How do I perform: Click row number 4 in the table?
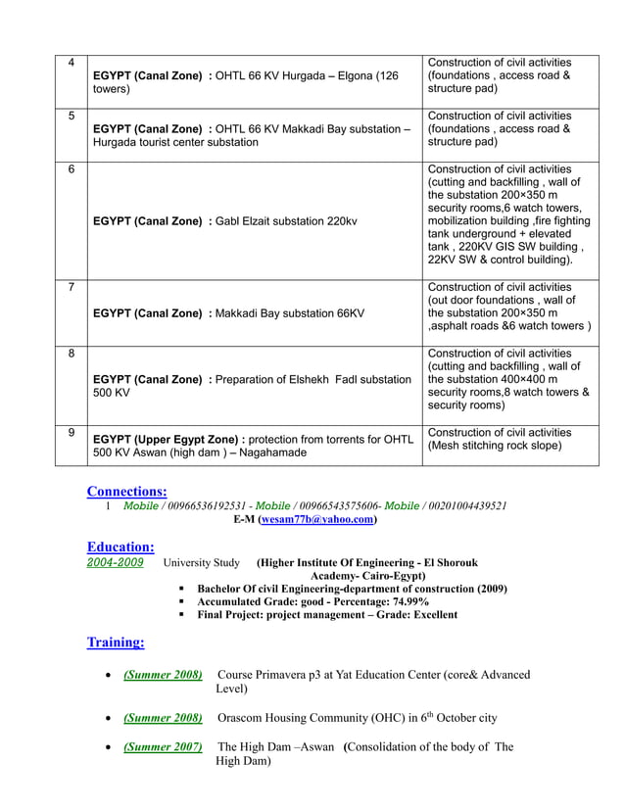click(x=71, y=64)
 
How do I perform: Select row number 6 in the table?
click(x=71, y=169)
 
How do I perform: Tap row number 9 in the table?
click(x=71, y=433)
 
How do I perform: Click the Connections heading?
click(x=126, y=491)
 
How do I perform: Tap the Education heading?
click(x=120, y=547)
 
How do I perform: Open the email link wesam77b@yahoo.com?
click(x=316, y=520)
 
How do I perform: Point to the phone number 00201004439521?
click(x=462, y=506)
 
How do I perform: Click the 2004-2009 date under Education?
click(x=116, y=562)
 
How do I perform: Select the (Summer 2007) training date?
click(x=163, y=747)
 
